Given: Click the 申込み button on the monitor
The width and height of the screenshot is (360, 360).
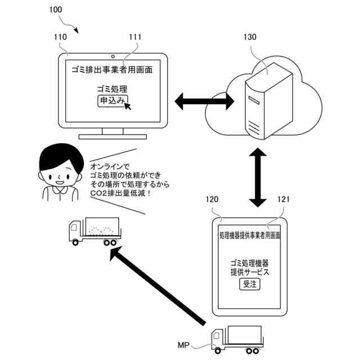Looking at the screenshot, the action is tap(112, 101).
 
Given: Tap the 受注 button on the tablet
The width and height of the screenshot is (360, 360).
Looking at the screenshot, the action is tap(250, 284).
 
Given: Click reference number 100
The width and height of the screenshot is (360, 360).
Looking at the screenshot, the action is tap(56, 10).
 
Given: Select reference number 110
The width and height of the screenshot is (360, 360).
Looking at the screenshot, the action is tap(60, 37).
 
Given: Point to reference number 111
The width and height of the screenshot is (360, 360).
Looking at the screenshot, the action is tap(135, 37).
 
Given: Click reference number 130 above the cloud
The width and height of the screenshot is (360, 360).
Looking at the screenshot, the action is tap(250, 37).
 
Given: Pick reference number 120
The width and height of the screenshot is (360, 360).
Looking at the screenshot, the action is tap(211, 199).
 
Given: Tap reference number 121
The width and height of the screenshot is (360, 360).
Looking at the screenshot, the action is tap(283, 199).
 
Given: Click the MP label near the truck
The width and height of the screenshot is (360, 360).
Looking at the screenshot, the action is tap(183, 345).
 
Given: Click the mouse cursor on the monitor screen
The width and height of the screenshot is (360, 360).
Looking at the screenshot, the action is tap(128, 106).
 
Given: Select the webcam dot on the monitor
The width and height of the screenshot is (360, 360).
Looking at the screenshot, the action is tap(112, 56).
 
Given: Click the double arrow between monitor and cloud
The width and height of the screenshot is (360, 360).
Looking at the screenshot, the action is tap(204, 101).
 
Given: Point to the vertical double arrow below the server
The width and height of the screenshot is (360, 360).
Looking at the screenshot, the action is tap(258, 177).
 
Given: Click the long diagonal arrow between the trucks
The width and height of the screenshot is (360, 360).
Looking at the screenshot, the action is tap(158, 285).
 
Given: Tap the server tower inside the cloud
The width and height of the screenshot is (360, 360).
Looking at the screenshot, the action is tap(269, 101).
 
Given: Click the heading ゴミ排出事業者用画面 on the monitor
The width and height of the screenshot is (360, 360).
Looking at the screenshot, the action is tap(112, 70).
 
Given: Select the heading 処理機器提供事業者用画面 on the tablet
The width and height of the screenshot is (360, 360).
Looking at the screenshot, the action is tap(250, 235).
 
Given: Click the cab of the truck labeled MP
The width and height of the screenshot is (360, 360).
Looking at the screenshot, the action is tap(218, 339).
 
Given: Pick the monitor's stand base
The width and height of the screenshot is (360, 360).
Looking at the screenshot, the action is tap(112, 137).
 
